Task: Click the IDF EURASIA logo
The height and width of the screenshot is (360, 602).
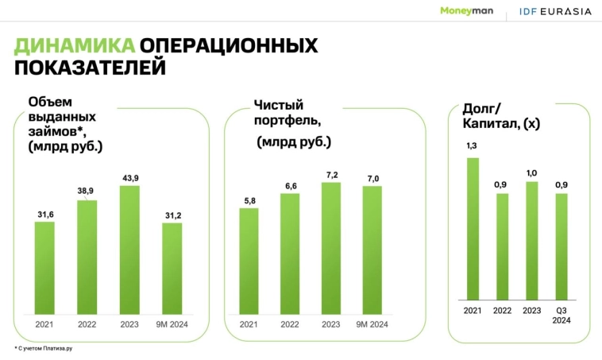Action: pyautogui.click(x=554, y=11)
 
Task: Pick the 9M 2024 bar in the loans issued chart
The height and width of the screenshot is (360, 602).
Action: pyautogui.click(x=172, y=268)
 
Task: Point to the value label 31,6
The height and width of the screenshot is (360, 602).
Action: pyautogui.click(x=45, y=213)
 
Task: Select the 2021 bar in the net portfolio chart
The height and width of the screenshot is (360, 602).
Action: pyautogui.click(x=249, y=261)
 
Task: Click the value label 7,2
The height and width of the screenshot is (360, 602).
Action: pyautogui.click(x=331, y=173)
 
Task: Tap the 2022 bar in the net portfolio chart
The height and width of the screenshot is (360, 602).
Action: pyautogui.click(x=290, y=254)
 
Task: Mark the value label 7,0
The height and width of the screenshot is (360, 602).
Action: pyautogui.click(x=372, y=177)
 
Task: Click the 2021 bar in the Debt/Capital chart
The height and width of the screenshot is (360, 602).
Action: pyautogui.click(x=473, y=229)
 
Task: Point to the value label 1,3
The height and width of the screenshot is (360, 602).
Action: pyautogui.click(x=473, y=146)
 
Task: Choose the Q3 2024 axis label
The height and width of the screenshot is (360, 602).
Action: pyautogui.click(x=561, y=315)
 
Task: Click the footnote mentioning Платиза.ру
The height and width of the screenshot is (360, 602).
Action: pyautogui.click(x=48, y=348)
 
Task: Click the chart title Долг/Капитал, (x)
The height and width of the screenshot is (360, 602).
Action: pyautogui.click(x=501, y=117)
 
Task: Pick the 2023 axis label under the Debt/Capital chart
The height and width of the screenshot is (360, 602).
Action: pyautogui.click(x=532, y=311)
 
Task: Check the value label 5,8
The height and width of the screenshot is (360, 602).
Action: pyautogui.click(x=249, y=199)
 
